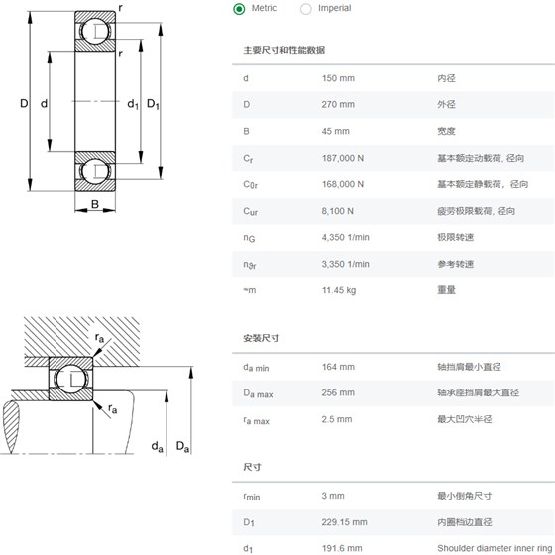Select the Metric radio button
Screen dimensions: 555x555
239,9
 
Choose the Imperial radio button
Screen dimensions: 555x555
306,9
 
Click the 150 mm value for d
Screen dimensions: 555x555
338,78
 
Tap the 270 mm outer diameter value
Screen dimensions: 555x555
338,104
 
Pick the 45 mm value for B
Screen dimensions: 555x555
336,131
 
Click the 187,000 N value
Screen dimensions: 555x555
343,158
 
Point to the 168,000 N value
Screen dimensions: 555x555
343,184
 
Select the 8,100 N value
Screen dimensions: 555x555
337,211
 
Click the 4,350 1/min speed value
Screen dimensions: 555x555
346,237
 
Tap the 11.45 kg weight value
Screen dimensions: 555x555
339,290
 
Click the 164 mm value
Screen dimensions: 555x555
338,367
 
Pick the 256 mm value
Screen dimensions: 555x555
338,392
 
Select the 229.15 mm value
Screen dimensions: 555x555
345,522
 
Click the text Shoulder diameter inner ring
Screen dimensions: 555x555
495,548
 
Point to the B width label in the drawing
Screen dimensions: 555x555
95,204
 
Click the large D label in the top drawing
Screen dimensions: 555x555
24,103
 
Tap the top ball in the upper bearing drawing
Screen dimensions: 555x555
95,31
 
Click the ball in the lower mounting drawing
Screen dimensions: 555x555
70,379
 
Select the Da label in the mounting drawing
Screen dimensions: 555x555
182,446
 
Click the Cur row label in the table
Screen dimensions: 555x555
250,212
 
